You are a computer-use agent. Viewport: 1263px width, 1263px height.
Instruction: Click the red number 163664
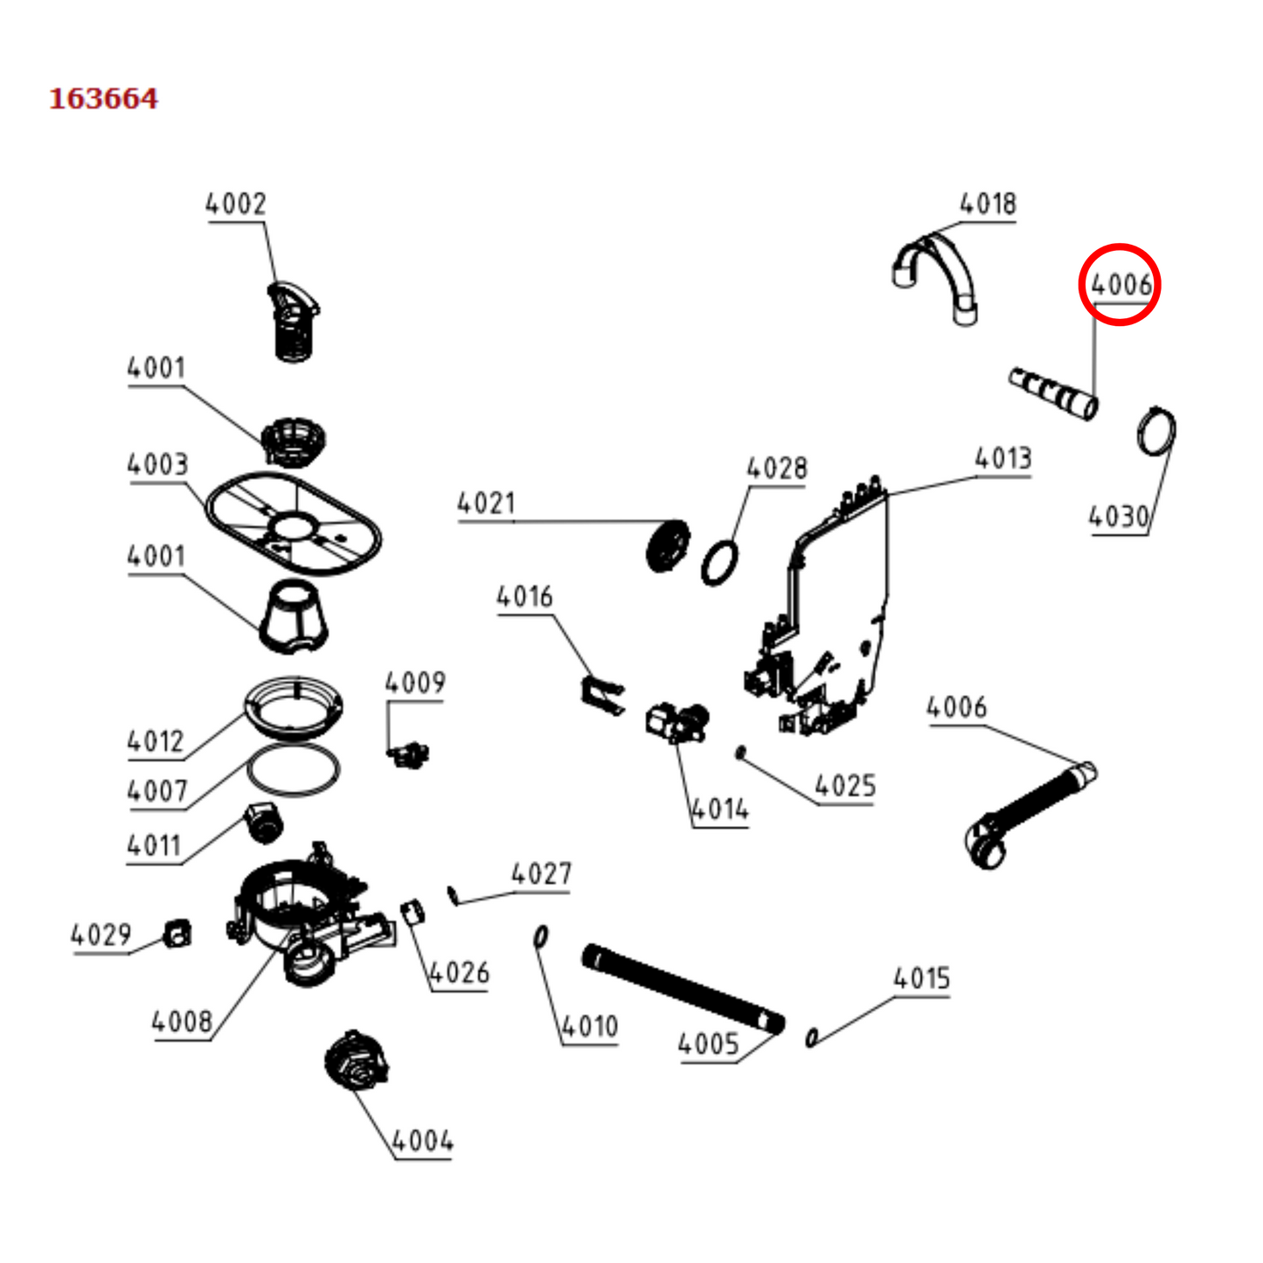(103, 99)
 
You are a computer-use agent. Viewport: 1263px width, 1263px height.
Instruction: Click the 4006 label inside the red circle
(1120, 284)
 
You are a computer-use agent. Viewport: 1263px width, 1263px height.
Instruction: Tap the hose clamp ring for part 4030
(1156, 431)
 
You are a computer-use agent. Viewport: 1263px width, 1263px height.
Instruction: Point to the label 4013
(1003, 458)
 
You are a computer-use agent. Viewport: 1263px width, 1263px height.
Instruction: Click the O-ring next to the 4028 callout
(719, 564)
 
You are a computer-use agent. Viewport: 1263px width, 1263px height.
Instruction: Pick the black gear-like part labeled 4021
(668, 546)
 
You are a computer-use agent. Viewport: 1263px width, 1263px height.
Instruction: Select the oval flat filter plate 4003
(294, 524)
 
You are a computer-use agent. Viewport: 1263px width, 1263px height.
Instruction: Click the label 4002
(235, 205)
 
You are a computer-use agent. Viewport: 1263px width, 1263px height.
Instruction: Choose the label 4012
(156, 742)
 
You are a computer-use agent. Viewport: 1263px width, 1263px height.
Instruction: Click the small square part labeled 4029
(178, 933)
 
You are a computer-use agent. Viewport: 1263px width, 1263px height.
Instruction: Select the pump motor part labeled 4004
(356, 1060)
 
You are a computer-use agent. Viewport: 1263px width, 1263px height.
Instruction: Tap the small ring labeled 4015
(811, 1037)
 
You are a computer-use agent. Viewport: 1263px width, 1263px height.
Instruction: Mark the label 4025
(844, 786)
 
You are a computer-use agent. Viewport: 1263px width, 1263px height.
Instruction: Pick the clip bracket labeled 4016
(602, 695)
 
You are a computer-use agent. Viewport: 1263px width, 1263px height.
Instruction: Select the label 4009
(415, 683)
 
